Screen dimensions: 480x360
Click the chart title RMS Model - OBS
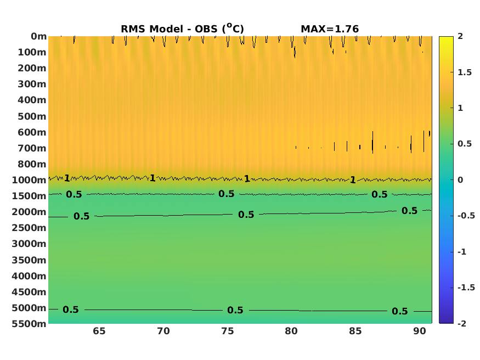(182, 29)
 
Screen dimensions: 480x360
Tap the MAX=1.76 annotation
(330, 29)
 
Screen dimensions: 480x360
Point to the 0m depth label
(38, 36)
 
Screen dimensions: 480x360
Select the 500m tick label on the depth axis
(32, 116)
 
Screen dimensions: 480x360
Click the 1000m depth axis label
(29, 180)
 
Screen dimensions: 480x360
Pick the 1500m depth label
(29, 196)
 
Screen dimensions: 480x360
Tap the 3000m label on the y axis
(29, 244)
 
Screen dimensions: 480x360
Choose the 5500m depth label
(29, 324)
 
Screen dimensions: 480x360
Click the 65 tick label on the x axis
(99, 331)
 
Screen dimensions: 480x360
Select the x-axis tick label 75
(228, 331)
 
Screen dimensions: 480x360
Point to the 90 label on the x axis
(420, 331)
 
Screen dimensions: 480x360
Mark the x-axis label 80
(291, 331)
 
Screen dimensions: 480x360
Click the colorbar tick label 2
(460, 36)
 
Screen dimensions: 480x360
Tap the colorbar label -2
(462, 324)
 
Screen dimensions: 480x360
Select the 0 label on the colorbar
(460, 180)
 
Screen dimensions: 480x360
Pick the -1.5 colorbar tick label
(466, 288)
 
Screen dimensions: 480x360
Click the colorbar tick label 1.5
(465, 72)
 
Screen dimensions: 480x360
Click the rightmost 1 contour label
(353, 179)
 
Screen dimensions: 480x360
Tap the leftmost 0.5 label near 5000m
(71, 310)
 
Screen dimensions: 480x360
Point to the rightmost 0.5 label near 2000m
(410, 211)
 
